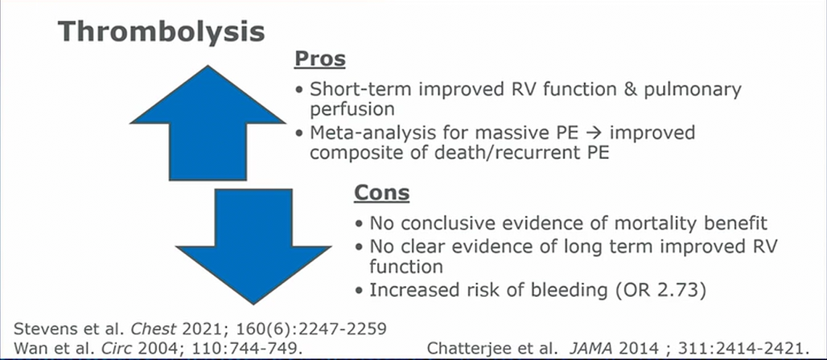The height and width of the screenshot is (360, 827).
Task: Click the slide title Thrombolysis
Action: coord(161,32)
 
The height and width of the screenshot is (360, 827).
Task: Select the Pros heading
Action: coord(320,59)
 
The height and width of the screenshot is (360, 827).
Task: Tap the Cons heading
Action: coord(382,192)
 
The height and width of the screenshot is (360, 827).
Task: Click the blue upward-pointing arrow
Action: coord(207,123)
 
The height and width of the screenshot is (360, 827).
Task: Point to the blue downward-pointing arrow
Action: coord(254,247)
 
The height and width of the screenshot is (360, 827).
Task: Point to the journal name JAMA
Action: coord(585,348)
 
